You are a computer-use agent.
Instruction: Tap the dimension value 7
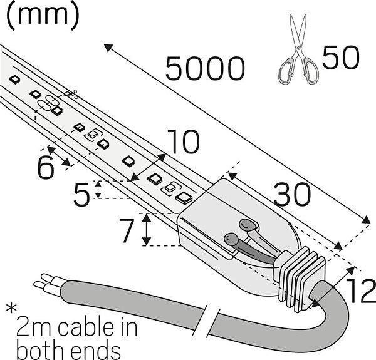127,231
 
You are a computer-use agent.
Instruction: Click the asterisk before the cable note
11,309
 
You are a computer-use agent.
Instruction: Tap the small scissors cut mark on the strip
70,95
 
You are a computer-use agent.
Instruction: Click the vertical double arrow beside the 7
146,229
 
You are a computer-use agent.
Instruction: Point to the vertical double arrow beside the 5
98,189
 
